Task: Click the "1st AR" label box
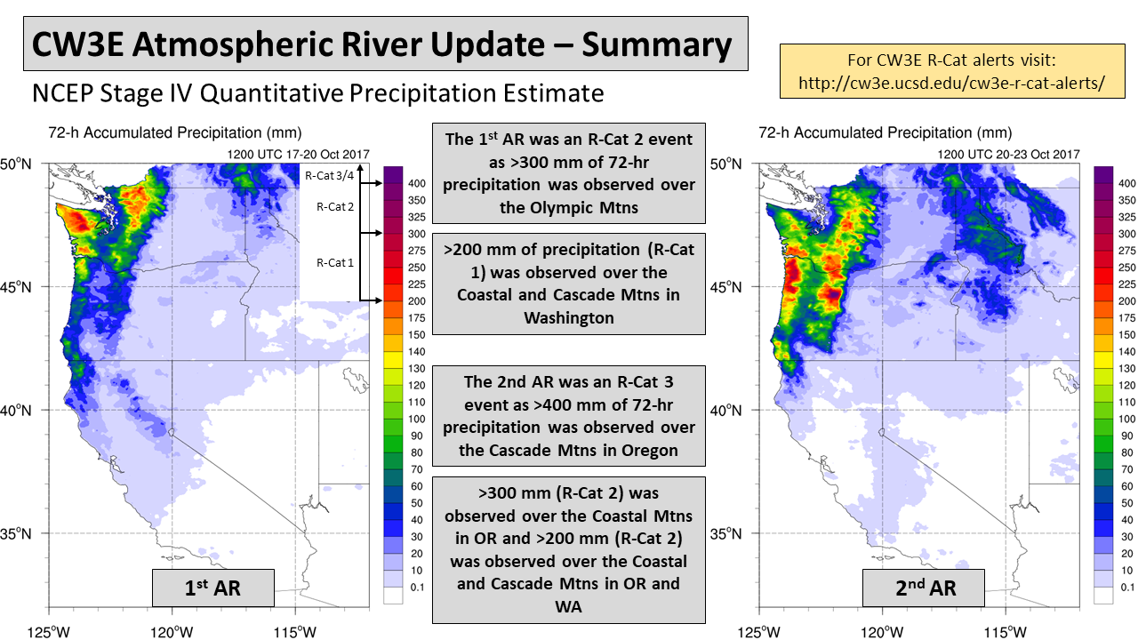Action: click(213, 588)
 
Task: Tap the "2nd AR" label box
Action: click(923, 588)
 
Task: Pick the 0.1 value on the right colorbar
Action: click(1126, 588)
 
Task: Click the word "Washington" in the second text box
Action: click(569, 317)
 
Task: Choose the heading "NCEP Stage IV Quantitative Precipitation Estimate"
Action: click(317, 92)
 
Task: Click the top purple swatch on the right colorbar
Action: click(1104, 174)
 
